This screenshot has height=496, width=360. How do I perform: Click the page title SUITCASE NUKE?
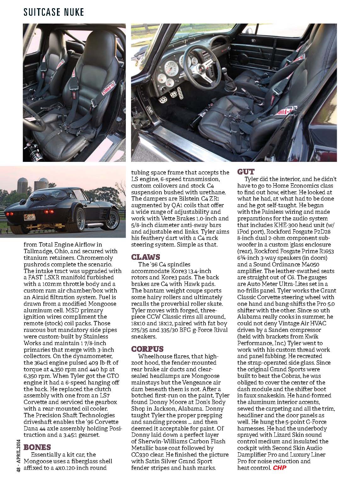[54, 12]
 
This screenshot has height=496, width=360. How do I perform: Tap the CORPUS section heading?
[147, 349]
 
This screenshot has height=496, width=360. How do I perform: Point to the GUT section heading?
[246, 172]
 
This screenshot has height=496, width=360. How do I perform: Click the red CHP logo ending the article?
[280, 468]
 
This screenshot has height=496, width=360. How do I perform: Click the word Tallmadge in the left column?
[37, 251]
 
